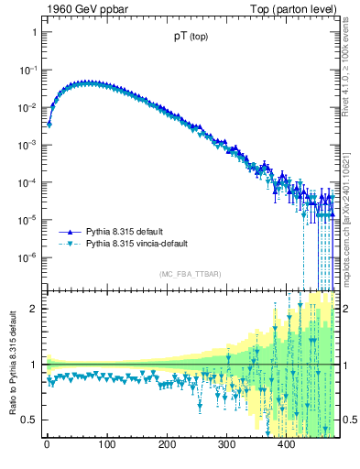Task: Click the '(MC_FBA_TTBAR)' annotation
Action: click(190, 275)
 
